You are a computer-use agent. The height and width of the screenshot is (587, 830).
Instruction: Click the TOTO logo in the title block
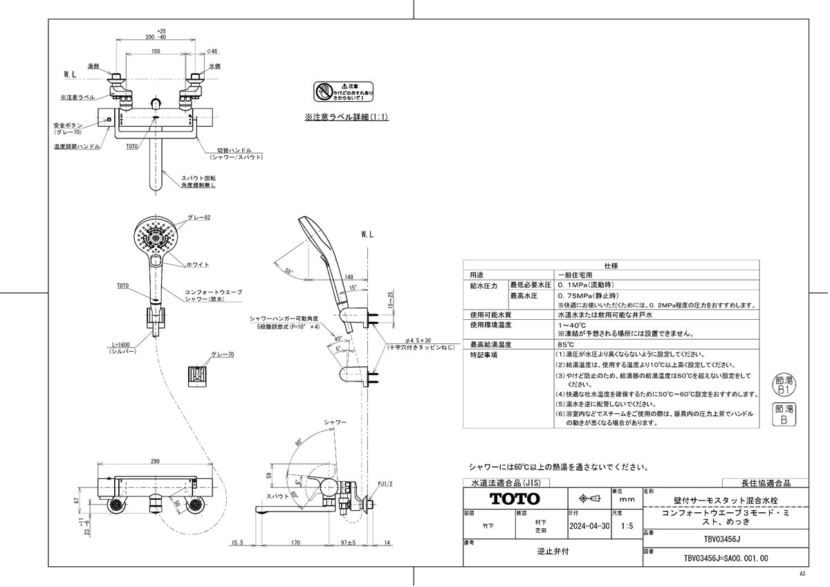[x=515, y=498]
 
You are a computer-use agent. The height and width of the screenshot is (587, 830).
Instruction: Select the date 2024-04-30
[x=589, y=526]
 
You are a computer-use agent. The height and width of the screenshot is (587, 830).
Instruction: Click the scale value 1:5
[x=627, y=526]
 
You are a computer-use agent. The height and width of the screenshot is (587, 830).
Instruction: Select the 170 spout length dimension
[x=295, y=543]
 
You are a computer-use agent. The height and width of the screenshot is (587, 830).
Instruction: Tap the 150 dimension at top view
[x=156, y=52]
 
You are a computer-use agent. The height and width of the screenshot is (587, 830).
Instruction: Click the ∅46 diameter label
[x=213, y=52]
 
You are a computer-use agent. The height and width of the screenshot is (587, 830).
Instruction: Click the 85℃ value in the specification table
[x=567, y=344]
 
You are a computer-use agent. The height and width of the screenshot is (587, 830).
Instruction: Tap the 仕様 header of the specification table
[x=611, y=265]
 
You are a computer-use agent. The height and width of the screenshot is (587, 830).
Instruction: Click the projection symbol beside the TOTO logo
[x=585, y=498]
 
